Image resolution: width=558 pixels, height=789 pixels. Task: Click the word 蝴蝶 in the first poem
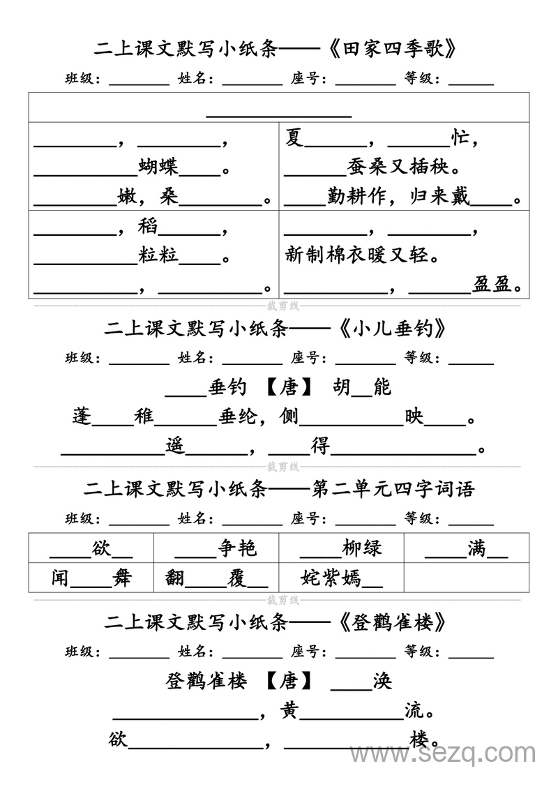tap(158, 167)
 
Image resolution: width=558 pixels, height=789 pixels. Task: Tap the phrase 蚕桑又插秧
tap(402, 167)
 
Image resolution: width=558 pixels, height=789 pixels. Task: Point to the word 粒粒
tap(158, 255)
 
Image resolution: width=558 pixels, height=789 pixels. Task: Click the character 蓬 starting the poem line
tap(82, 416)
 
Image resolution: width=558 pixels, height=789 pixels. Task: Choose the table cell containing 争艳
tap(216, 548)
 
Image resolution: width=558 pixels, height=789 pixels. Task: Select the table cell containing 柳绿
tap(341, 548)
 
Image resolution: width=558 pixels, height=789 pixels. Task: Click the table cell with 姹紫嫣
tap(341, 578)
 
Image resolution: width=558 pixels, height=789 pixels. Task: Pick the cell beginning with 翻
tap(216, 578)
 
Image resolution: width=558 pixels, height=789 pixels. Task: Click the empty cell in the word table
tap(466, 578)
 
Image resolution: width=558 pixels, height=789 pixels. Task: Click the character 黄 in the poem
tap(289, 711)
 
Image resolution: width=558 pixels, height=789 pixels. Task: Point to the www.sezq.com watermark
tap(442, 754)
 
